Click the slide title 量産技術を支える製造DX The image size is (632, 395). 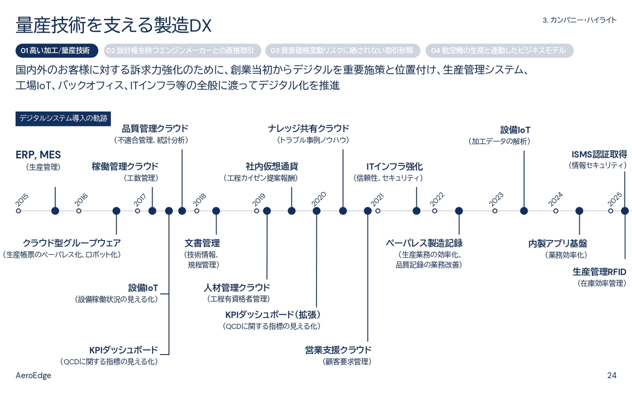[114, 26]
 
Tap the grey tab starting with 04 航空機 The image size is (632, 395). [499, 50]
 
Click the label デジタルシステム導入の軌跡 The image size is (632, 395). [63, 118]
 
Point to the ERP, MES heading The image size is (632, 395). [38, 155]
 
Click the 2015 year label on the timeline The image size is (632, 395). [22, 199]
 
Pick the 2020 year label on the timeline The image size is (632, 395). [319, 198]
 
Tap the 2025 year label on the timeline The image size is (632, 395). [615, 199]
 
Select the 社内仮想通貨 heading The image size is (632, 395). [272, 166]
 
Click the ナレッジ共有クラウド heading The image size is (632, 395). [309, 128]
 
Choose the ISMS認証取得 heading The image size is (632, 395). [599, 154]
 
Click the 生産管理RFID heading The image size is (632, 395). [599, 272]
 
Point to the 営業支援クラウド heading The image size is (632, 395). [338, 350]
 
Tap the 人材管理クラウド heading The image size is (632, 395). [237, 287]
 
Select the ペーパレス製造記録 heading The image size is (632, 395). [424, 243]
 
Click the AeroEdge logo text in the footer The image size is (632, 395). [34, 375]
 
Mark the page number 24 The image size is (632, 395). [612, 375]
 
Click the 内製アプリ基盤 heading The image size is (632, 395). [557, 243]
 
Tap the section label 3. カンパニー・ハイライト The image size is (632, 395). [579, 20]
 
